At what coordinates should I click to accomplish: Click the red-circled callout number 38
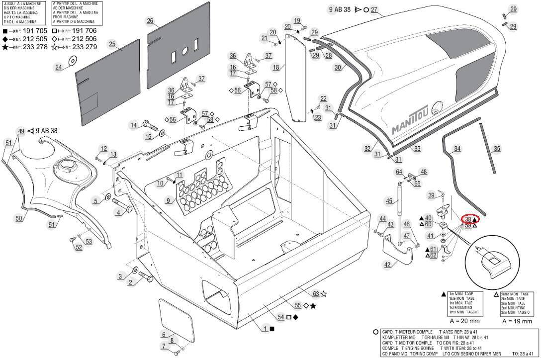tap(468, 219)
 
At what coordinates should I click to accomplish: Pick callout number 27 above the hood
tap(374, 9)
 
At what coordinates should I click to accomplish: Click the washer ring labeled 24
tap(72, 61)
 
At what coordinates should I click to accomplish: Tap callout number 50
tap(19, 218)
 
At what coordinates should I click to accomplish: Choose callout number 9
tap(168, 200)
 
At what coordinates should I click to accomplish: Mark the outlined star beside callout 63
tap(324, 294)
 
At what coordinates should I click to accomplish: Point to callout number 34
tap(457, 148)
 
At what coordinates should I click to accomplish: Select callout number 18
tap(275, 67)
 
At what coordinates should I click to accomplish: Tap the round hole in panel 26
tap(185, 51)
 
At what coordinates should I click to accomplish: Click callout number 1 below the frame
tap(266, 329)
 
